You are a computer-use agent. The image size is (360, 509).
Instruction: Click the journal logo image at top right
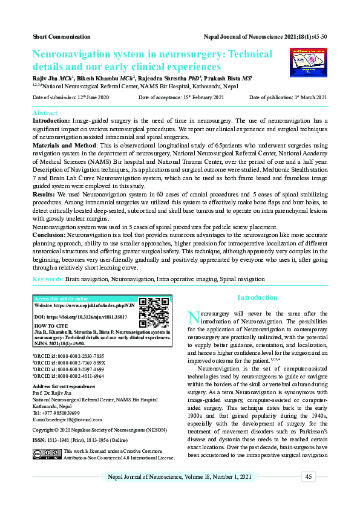[305, 62]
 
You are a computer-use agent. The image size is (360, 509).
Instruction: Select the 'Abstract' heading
[45, 113]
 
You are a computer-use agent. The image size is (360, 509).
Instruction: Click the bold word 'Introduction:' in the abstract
[51, 121]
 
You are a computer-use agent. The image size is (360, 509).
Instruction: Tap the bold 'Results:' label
[45, 195]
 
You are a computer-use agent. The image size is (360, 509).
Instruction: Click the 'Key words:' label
[48, 279]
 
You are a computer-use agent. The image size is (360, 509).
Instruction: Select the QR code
[154, 312]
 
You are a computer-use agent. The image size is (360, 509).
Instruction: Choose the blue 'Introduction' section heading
[257, 297]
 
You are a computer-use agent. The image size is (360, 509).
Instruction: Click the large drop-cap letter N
[193, 317]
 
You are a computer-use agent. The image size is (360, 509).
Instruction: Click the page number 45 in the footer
[308, 477]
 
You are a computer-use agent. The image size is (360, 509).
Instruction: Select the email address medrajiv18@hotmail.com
[67, 419]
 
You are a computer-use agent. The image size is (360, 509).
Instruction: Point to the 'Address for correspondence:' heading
[64, 386]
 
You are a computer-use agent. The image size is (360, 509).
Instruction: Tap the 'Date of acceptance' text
[181, 97]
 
